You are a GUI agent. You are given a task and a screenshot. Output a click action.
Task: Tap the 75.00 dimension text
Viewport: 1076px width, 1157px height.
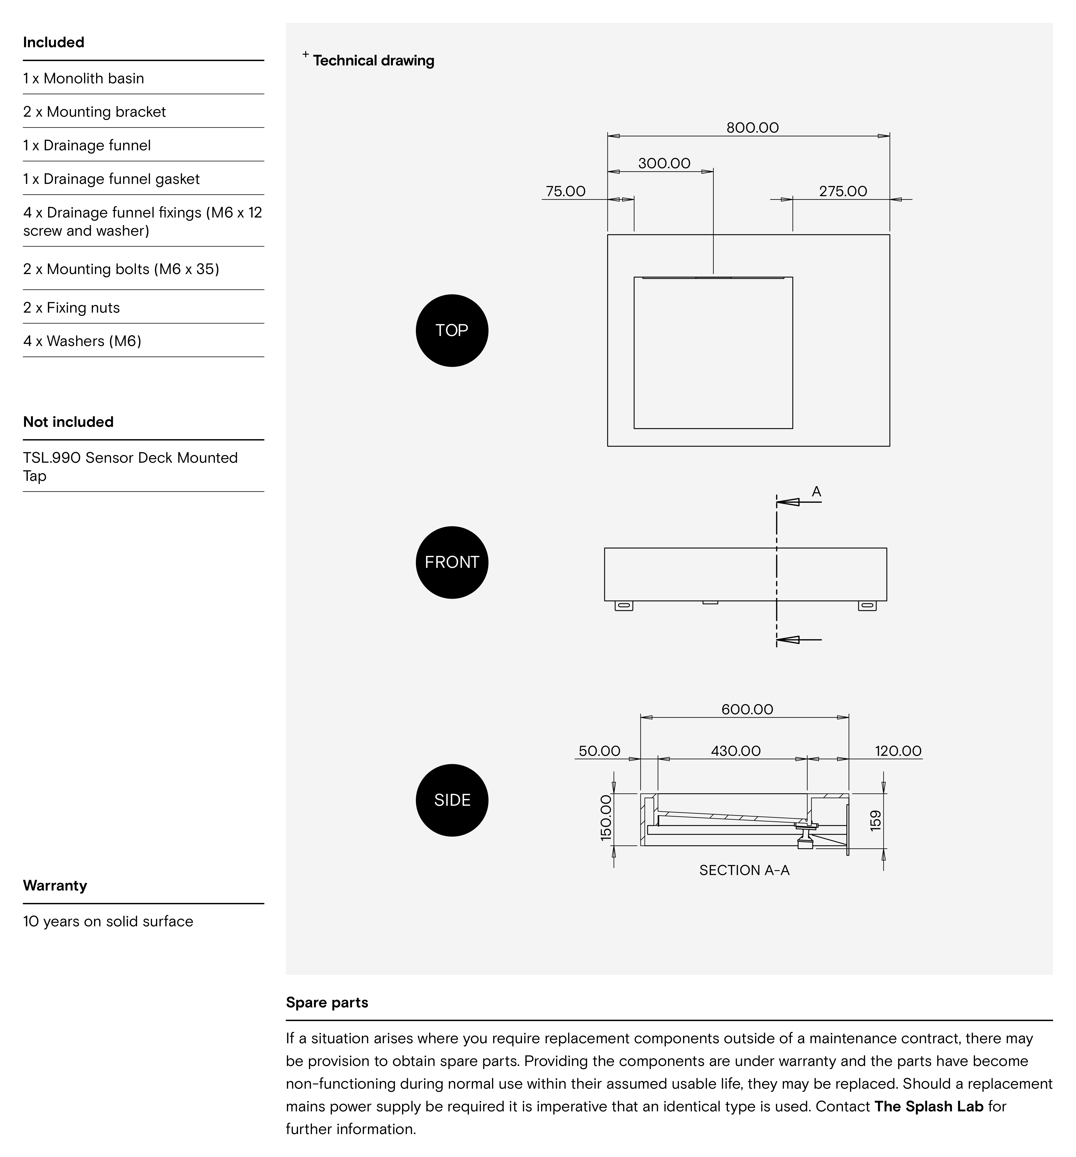click(x=565, y=191)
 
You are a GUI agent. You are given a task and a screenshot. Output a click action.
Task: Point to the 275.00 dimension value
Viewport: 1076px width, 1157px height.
click(x=842, y=191)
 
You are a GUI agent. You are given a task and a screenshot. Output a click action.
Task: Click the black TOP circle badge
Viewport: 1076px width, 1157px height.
click(x=452, y=331)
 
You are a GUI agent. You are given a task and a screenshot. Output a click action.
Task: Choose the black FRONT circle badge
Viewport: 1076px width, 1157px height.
click(x=452, y=562)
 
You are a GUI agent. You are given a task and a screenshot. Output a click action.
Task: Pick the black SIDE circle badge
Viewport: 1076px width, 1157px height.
click(x=452, y=800)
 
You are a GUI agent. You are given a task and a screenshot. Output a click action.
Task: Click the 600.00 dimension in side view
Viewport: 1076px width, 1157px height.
click(x=747, y=710)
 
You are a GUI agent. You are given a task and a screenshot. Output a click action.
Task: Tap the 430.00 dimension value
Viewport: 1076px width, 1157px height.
click(x=735, y=751)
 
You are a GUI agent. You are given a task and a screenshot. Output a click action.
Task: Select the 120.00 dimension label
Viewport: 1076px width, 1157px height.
click(x=898, y=751)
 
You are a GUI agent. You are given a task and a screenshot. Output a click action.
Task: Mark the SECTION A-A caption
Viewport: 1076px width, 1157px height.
click(x=744, y=870)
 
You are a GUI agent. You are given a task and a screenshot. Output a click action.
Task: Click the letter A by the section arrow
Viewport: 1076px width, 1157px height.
click(x=816, y=492)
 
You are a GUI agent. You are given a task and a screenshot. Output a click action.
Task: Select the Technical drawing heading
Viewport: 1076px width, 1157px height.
click(x=373, y=61)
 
